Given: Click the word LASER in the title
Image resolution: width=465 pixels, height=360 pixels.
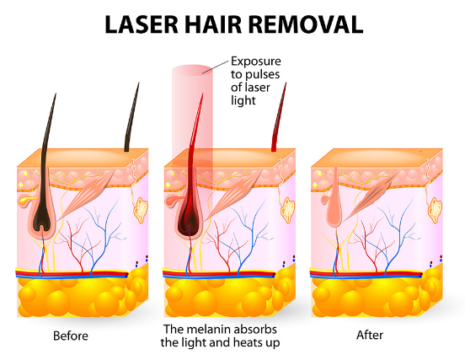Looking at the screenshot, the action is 142,24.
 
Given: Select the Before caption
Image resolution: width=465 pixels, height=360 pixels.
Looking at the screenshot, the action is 71,336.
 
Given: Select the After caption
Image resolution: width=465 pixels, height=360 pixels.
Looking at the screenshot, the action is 370,335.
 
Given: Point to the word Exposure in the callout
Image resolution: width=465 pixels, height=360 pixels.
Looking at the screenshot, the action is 256,62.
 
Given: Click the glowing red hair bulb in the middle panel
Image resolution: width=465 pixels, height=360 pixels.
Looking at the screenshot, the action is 189,219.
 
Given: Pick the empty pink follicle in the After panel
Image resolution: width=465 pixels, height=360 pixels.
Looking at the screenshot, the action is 334,205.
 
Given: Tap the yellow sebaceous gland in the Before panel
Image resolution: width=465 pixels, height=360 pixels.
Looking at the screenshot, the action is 26,200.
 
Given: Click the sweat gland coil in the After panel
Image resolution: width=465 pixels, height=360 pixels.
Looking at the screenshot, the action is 435,211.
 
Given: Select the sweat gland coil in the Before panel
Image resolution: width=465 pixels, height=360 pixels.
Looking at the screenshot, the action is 141,211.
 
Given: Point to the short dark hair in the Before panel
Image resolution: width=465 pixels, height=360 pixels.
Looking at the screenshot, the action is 131,117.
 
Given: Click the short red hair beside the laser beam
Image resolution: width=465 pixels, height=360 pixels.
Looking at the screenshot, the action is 279,117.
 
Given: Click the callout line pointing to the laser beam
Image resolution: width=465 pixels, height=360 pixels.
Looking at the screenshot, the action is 216,66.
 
